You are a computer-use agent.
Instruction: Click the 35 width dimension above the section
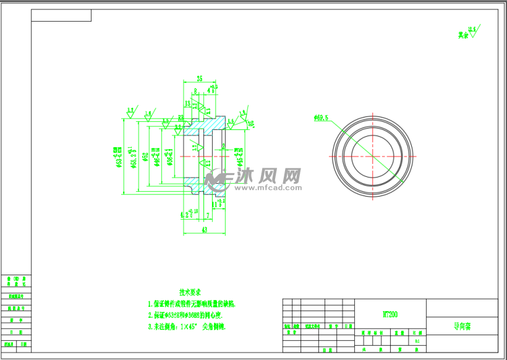point(199,79)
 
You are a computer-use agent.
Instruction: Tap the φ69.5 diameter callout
point(321,118)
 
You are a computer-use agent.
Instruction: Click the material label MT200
point(390,314)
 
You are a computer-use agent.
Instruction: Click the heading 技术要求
point(190,291)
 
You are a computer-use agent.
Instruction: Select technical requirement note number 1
point(192,304)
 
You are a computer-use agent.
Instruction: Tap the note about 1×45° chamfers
point(186,326)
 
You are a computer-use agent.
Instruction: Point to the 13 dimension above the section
point(187,103)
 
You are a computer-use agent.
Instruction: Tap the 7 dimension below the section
point(208,215)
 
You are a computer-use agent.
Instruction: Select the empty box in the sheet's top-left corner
point(61,15)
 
